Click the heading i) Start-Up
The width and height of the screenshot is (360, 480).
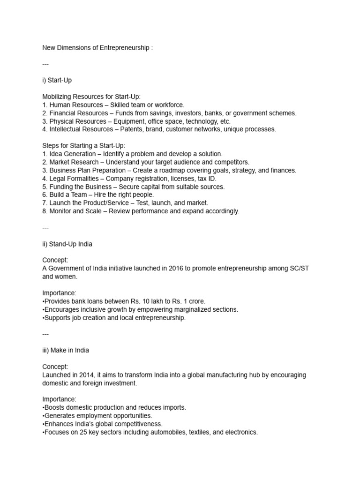[57, 80]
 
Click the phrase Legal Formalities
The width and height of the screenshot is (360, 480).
[75, 179]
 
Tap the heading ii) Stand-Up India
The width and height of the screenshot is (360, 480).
[67, 244]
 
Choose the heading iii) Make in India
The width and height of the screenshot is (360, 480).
[66, 350]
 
